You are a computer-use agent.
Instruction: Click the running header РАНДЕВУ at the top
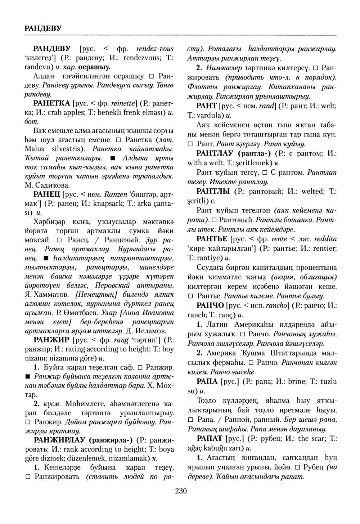tap(43, 27)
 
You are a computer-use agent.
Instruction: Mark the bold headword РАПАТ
tap(210, 439)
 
